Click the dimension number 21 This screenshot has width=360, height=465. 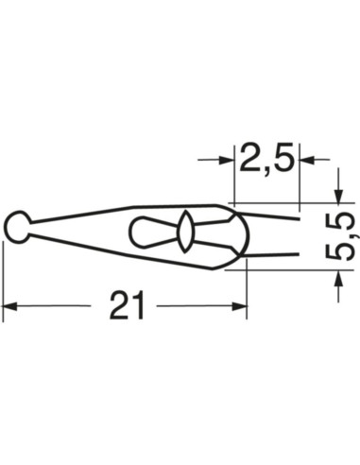pos(126,305)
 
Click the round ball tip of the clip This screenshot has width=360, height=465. pos(17,225)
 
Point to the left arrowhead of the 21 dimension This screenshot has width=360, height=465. pos(9,306)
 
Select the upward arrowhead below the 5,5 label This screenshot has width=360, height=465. pos(337,281)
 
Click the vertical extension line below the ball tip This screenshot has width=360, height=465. pos(3,274)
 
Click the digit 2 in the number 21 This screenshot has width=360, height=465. pos(118,305)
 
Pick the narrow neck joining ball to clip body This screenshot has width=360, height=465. pos(36,225)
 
